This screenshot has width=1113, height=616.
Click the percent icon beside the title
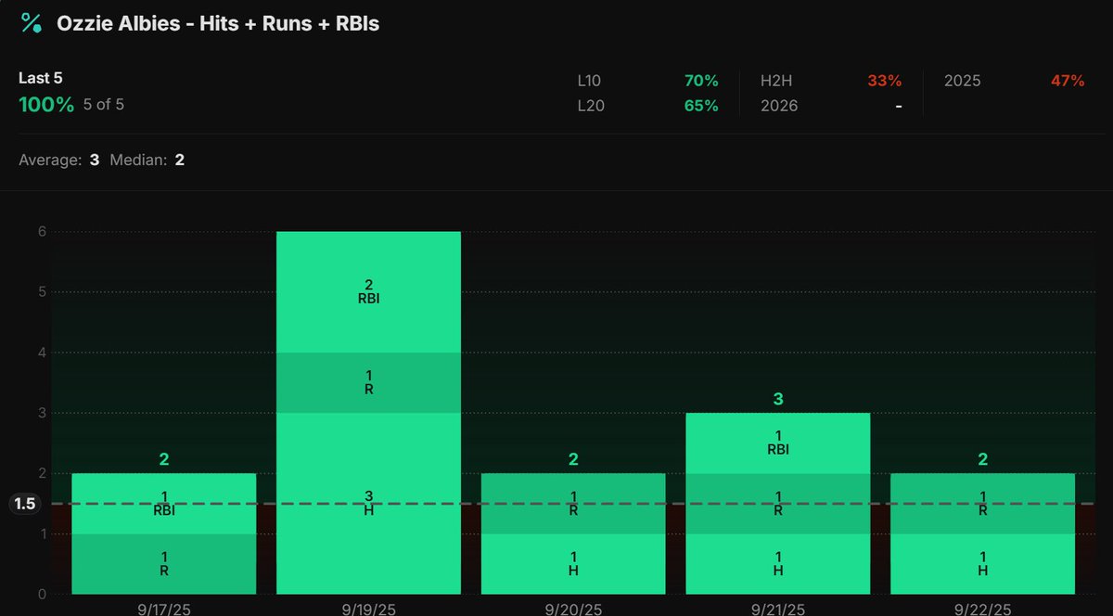[31, 23]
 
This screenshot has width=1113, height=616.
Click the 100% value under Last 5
[45, 105]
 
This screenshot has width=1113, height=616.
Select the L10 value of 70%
[700, 81]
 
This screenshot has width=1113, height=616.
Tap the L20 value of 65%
[700, 106]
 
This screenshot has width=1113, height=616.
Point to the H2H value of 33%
[884, 81]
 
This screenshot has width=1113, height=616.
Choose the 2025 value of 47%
[1067, 81]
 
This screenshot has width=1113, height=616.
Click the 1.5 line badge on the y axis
[25, 504]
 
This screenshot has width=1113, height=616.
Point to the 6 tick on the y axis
[41, 232]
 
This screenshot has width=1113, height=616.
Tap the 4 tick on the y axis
[41, 353]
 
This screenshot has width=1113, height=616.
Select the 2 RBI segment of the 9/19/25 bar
[368, 291]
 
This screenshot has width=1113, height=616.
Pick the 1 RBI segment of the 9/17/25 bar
[164, 503]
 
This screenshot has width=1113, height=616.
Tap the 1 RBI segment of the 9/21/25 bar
[777, 443]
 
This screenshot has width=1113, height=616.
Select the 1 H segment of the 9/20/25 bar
[573, 563]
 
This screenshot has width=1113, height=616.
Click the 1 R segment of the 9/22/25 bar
[982, 503]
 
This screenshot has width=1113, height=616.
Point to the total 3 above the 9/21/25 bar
[777, 399]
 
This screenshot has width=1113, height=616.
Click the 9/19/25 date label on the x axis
[368, 609]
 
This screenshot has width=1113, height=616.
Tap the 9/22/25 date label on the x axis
[982, 609]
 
